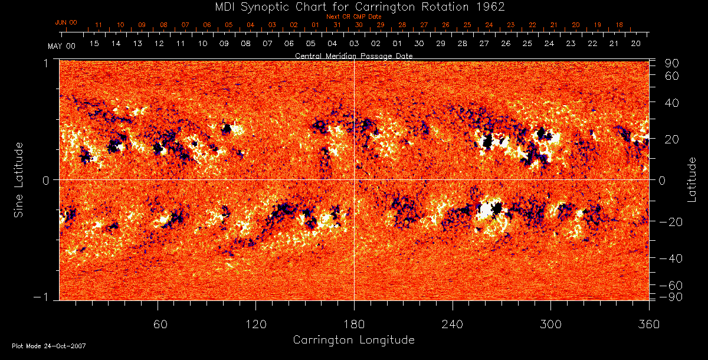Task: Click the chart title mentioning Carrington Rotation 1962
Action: point(353,6)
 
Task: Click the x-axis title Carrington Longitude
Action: point(353,340)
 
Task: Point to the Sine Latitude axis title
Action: point(19,179)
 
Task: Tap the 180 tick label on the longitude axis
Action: point(354,325)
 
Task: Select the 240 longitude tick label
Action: point(453,325)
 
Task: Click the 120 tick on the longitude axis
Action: point(256,325)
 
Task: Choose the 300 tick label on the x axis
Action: point(550,325)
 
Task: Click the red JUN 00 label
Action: point(65,22)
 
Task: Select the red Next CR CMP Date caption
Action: point(354,17)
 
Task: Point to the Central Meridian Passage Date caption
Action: point(353,55)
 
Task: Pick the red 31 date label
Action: point(337,25)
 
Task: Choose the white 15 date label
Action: point(94,44)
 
